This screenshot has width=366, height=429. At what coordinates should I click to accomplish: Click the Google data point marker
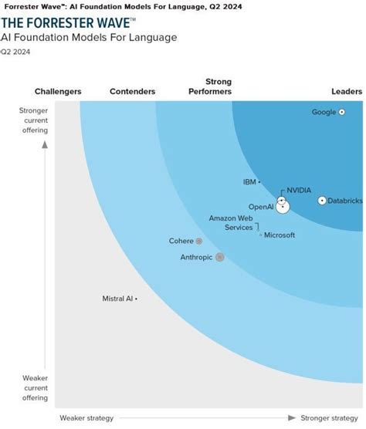[342, 112]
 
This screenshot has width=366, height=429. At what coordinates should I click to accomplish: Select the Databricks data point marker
[322, 201]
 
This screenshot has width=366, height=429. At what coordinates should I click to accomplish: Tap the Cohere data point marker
[199, 241]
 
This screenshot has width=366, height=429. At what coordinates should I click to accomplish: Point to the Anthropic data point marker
[220, 257]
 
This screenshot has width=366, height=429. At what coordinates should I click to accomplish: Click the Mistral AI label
[117, 299]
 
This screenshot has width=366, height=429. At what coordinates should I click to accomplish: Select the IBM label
[249, 182]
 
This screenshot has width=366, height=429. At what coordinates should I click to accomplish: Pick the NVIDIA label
[299, 190]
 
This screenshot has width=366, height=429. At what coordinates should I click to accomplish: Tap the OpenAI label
[261, 207]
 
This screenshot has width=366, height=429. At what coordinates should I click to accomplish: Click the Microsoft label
[280, 235]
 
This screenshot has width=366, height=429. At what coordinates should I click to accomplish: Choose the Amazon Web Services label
[231, 223]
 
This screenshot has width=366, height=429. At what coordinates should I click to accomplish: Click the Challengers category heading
[58, 92]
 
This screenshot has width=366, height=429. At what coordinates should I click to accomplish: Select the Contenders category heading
[133, 92]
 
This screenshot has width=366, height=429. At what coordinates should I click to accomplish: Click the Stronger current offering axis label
[33, 120]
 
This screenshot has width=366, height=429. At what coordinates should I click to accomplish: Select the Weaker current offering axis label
[33, 387]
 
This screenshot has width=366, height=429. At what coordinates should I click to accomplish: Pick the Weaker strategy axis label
[86, 418]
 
